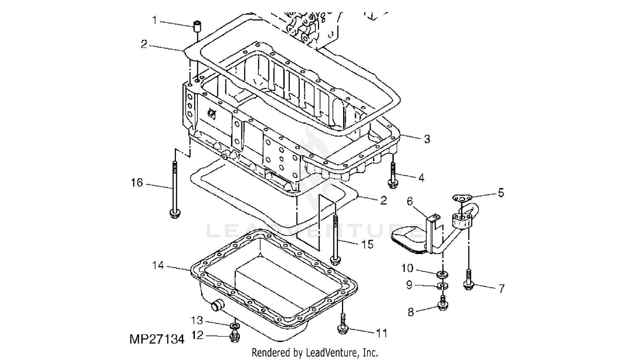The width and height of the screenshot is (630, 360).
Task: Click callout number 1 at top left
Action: (x=155, y=20)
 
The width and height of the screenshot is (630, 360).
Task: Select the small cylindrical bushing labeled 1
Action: (x=197, y=27)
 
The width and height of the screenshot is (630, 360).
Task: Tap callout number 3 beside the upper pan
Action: (x=427, y=139)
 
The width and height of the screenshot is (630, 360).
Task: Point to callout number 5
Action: (x=501, y=193)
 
